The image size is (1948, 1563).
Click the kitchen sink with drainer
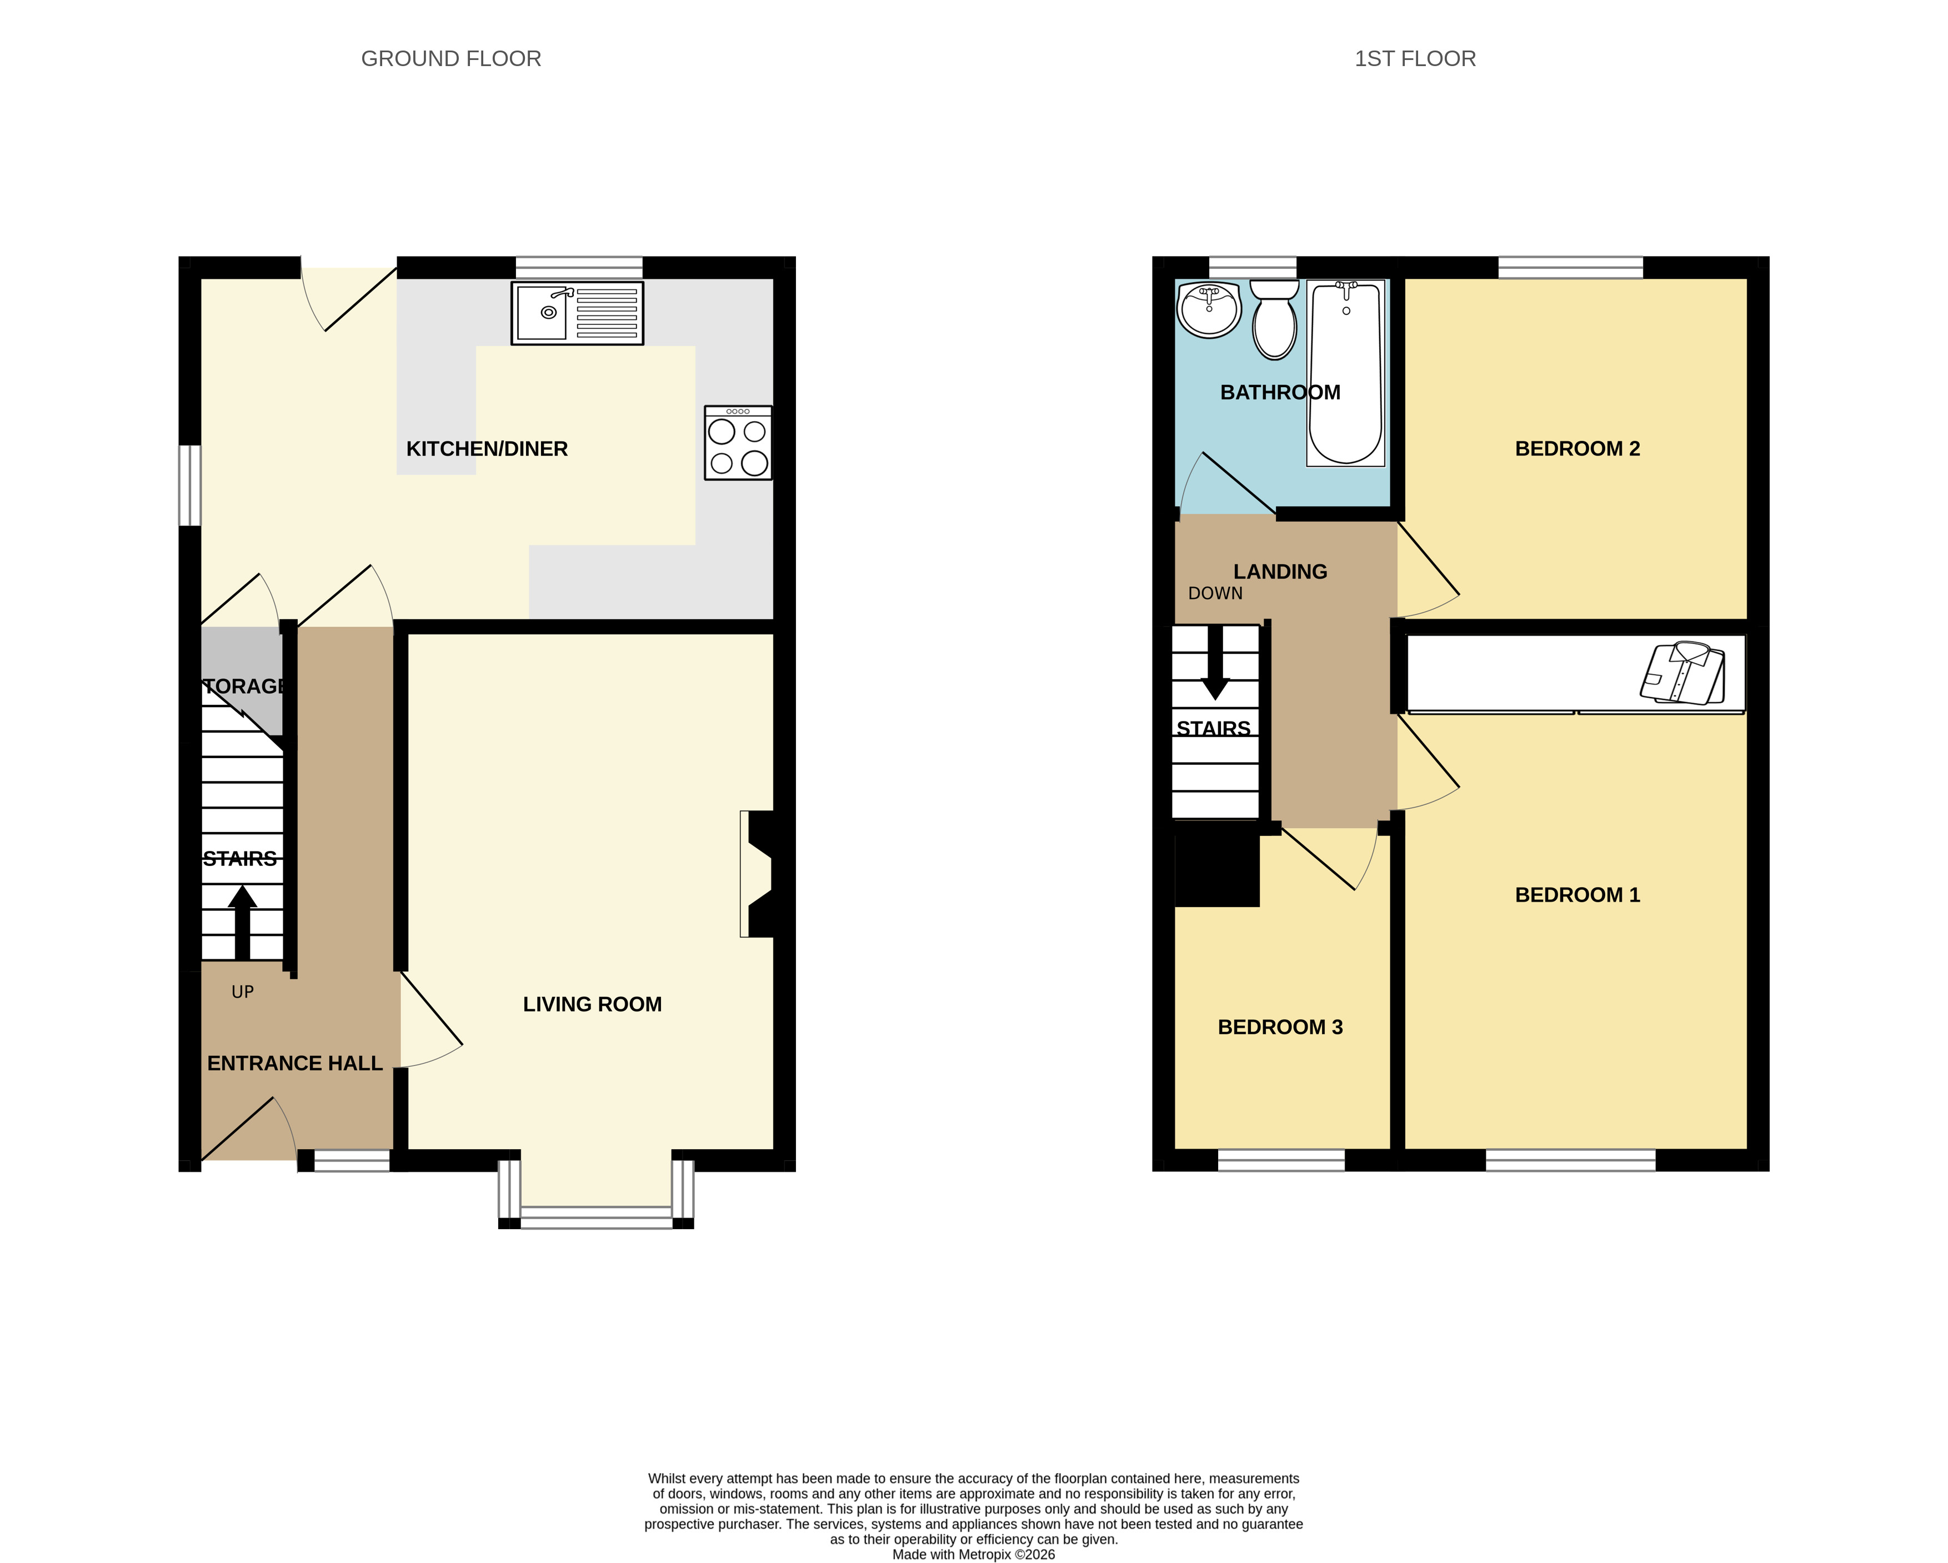(x=577, y=313)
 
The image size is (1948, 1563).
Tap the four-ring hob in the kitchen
(x=738, y=443)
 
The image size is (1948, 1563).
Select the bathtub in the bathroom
(x=1345, y=373)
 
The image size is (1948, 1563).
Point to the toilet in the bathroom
(x=1274, y=318)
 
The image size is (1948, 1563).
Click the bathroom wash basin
(x=1209, y=309)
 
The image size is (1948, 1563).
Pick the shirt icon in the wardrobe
(x=1682, y=673)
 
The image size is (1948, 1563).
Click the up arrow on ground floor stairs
(x=242, y=921)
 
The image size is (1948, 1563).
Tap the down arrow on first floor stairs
(x=1215, y=662)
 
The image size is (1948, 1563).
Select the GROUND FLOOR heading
(x=451, y=59)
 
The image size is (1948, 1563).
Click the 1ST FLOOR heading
(x=1415, y=59)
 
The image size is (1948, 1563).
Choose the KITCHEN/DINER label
(x=487, y=448)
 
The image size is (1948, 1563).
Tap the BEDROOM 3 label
(x=1280, y=1026)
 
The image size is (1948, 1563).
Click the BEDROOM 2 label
(x=1578, y=448)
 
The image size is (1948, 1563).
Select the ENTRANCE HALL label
(x=294, y=1063)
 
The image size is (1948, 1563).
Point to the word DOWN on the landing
(x=1215, y=594)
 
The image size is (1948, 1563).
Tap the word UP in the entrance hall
(x=242, y=992)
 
